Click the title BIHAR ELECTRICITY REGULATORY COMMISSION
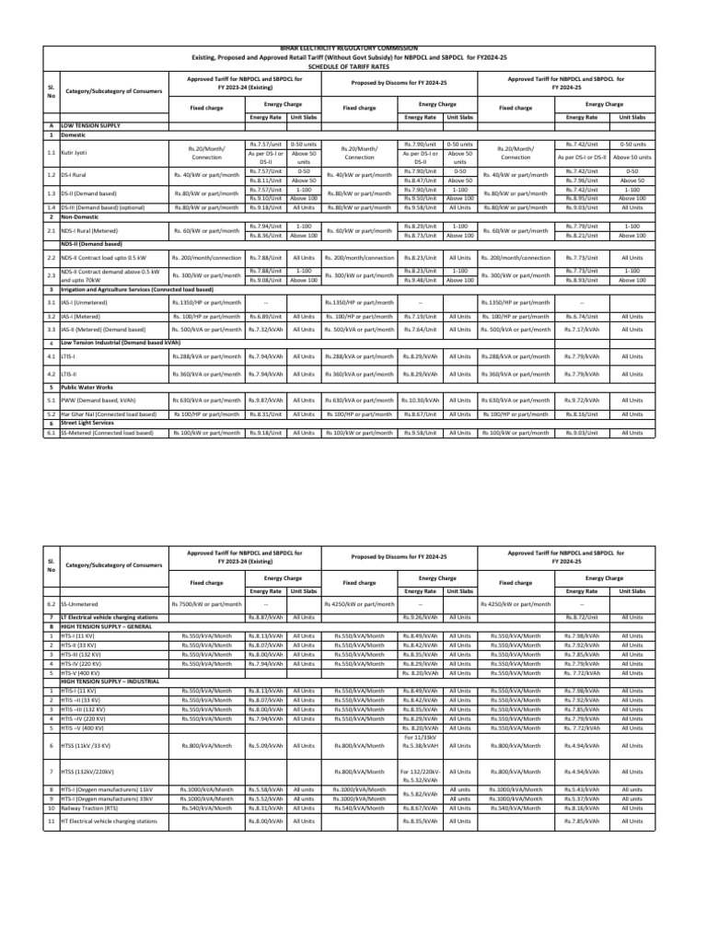353,48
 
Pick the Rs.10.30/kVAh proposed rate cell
420,375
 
